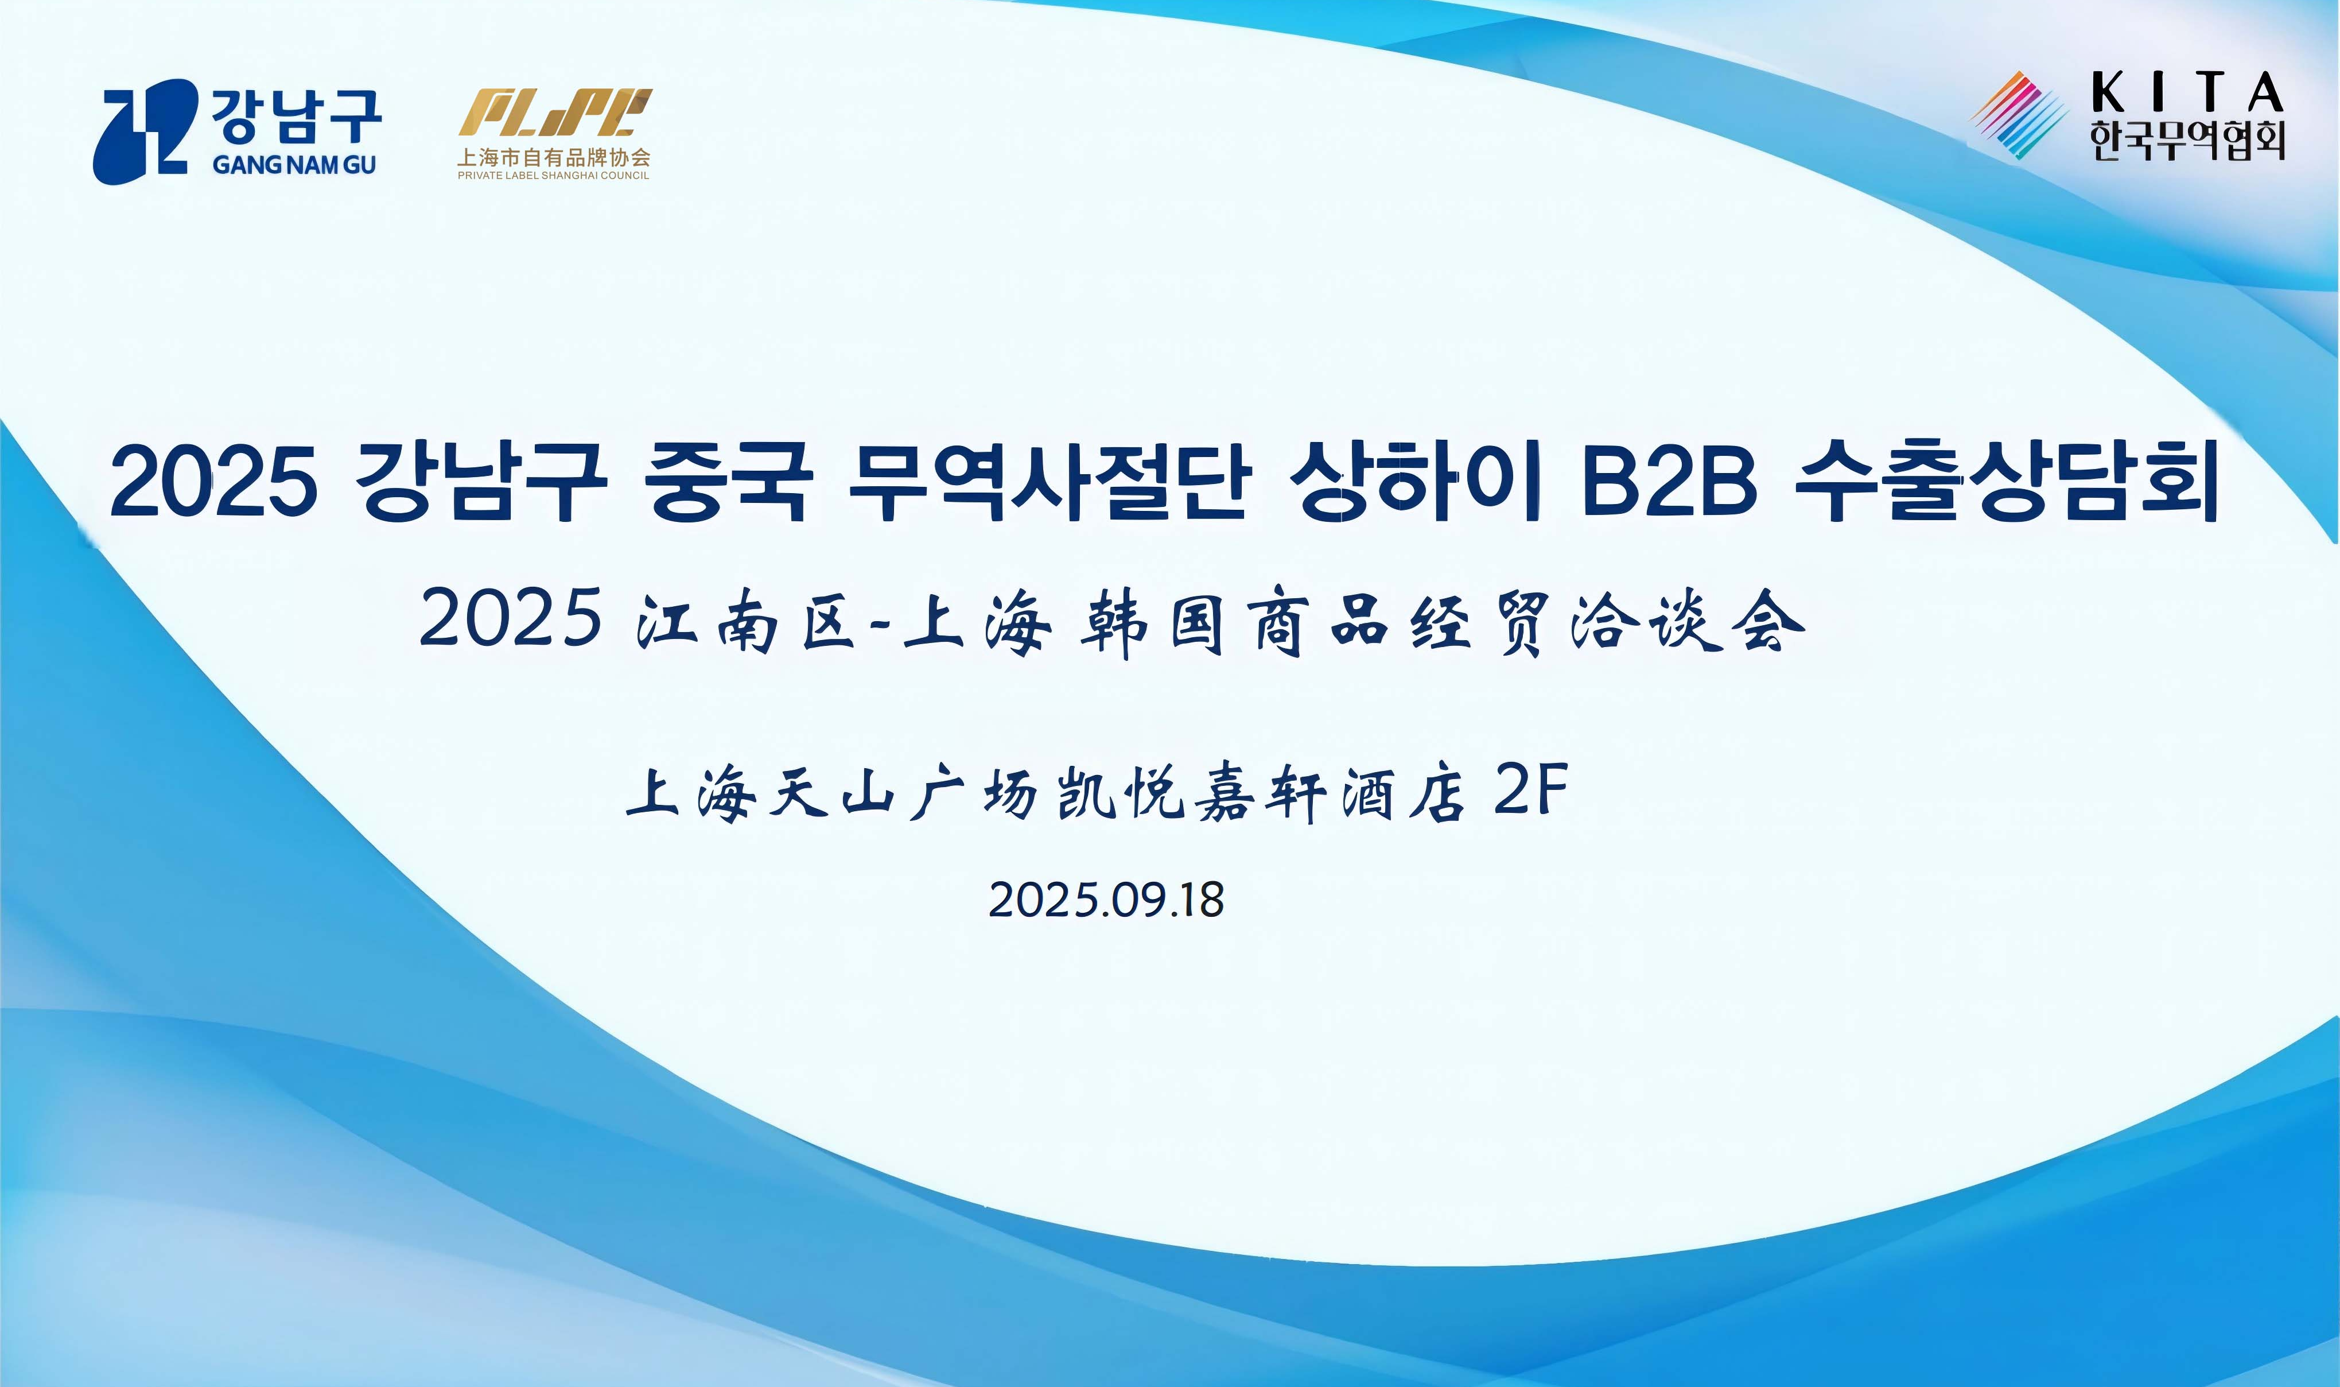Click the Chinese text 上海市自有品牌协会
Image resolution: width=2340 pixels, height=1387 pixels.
(x=553, y=157)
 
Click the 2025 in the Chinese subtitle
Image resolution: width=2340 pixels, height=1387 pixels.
(x=510, y=618)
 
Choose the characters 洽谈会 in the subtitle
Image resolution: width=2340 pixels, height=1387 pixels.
(x=1687, y=622)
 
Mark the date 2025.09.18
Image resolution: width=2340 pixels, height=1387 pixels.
(x=1106, y=900)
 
